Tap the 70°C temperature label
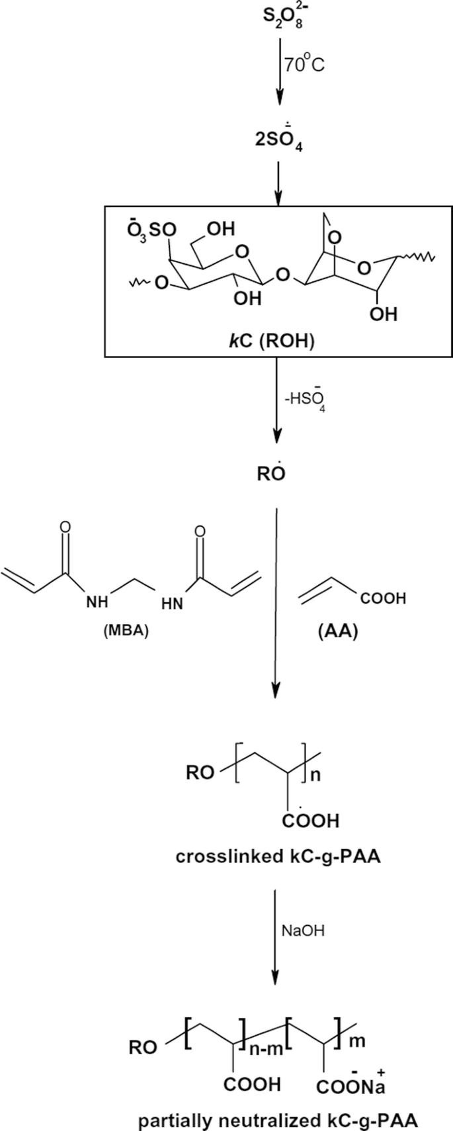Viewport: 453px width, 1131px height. pos(305,65)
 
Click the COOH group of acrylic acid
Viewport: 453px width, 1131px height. pos(383,600)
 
